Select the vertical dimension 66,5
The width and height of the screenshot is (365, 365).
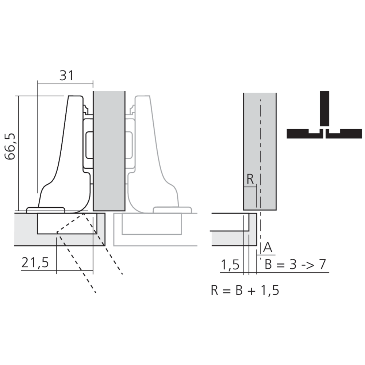tap(10, 146)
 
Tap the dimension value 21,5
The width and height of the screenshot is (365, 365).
tap(35, 263)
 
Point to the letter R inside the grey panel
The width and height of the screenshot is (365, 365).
tap(250, 180)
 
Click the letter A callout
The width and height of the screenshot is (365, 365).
tap(268, 248)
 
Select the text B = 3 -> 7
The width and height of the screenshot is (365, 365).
tap(295, 264)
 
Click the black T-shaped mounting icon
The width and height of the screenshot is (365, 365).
tap(324, 124)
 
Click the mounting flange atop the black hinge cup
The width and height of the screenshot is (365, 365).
tap(46, 210)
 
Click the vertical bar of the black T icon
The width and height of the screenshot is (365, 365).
tap(324, 108)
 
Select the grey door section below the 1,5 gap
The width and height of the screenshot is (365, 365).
tap(234, 239)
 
